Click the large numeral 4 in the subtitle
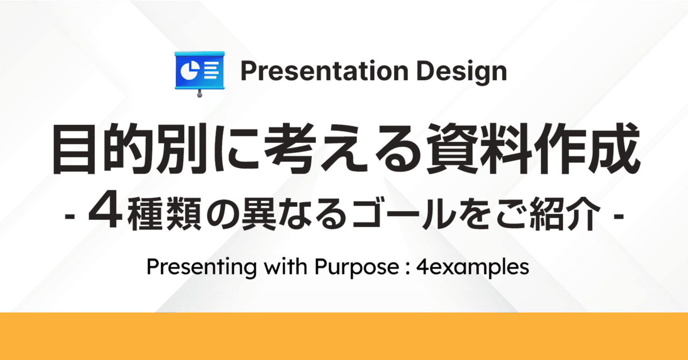click(x=102, y=214)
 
